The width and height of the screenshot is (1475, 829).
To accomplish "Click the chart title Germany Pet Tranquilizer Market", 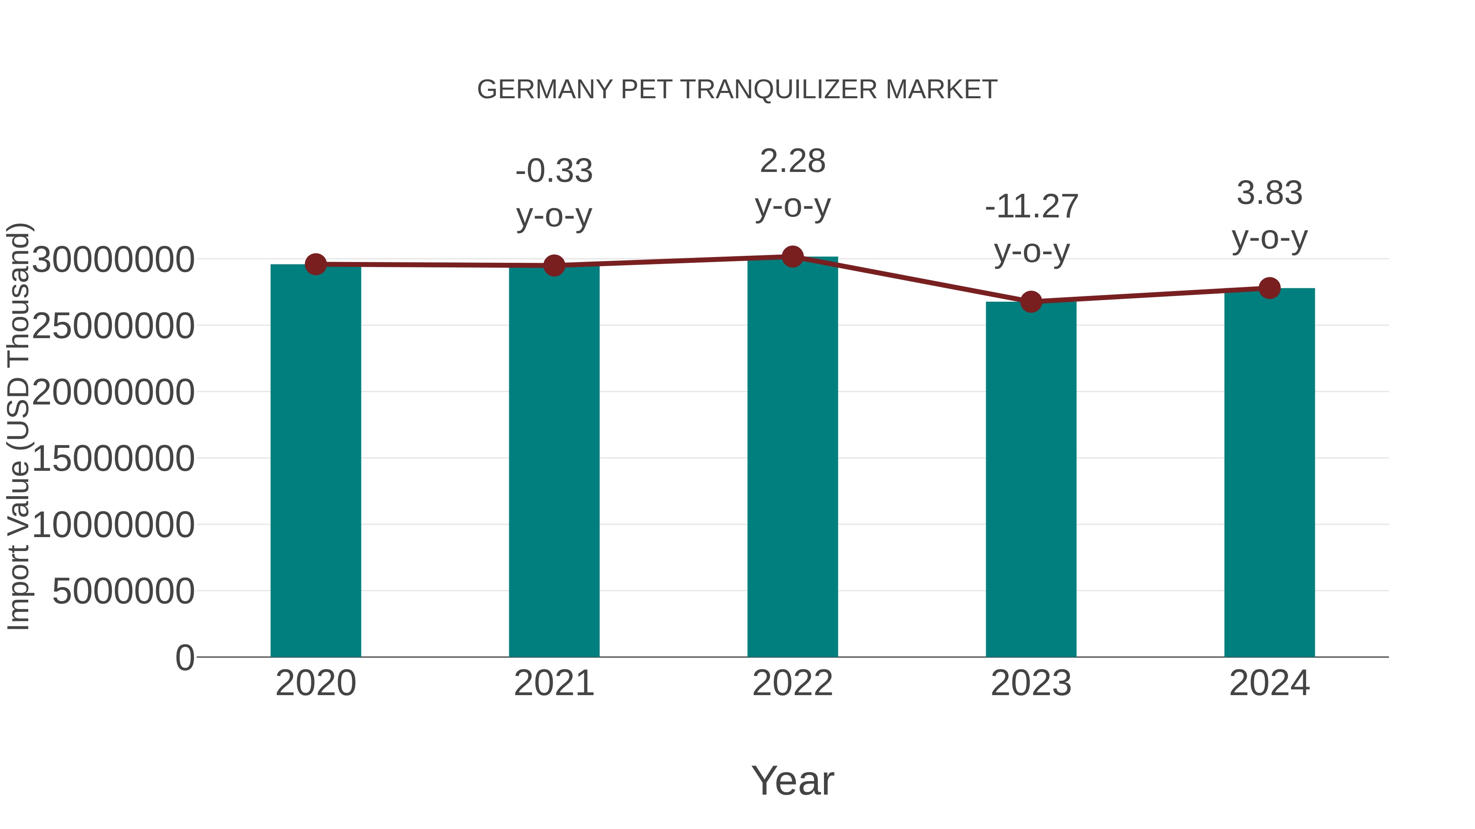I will pyautogui.click(x=737, y=90).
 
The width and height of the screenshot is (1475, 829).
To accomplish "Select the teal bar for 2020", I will pyautogui.click(x=315, y=461).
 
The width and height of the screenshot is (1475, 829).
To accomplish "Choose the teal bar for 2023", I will pyautogui.click(x=1031, y=479).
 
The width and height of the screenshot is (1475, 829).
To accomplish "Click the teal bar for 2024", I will pyautogui.click(x=1269, y=472).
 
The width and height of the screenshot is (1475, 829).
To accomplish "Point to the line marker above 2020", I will pyautogui.click(x=315, y=264).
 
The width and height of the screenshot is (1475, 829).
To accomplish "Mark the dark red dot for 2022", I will pyautogui.click(x=792, y=257).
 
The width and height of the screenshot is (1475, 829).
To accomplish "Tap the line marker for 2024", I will pyautogui.click(x=1269, y=288).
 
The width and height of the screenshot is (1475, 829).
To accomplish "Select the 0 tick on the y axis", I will pyautogui.click(x=184, y=657).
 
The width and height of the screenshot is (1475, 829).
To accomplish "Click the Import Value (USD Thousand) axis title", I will pyautogui.click(x=18, y=426).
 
